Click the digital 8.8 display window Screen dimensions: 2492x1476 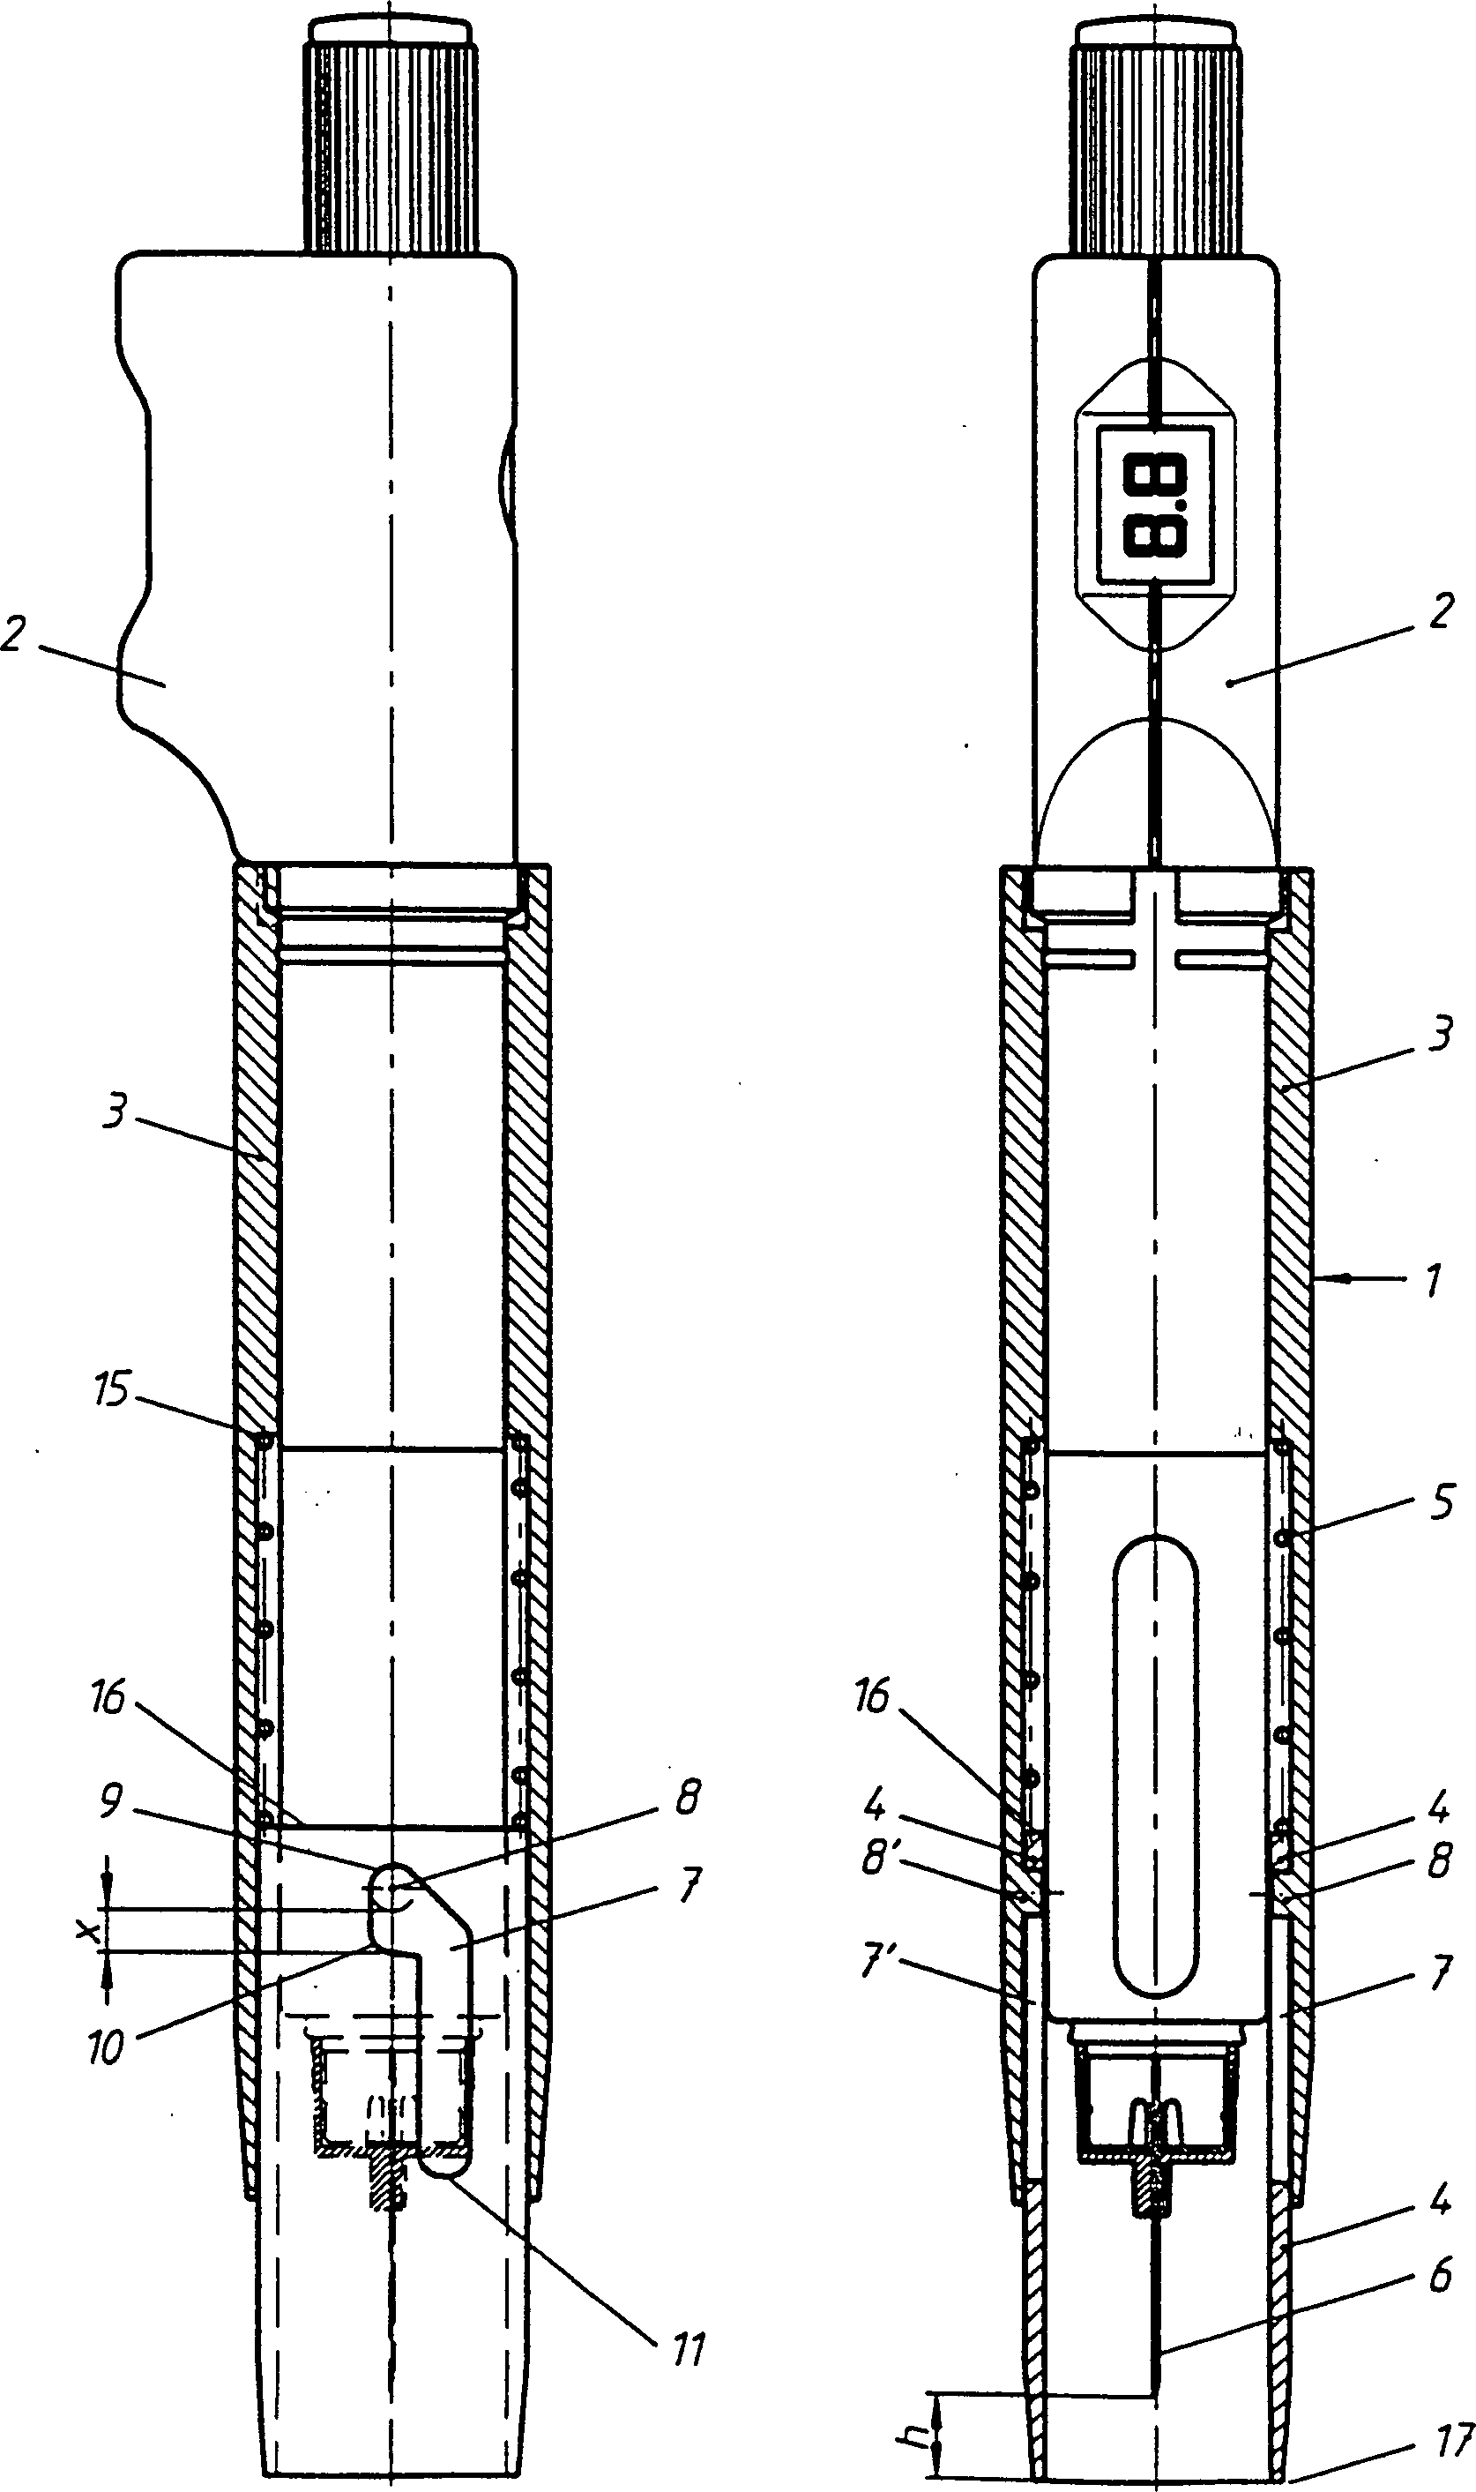coord(1155,506)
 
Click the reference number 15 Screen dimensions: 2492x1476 coord(111,1389)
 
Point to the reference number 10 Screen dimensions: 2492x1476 coord(106,2047)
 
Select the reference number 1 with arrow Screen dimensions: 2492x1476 coord(1433,1282)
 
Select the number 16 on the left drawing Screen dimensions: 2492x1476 coord(108,1698)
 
